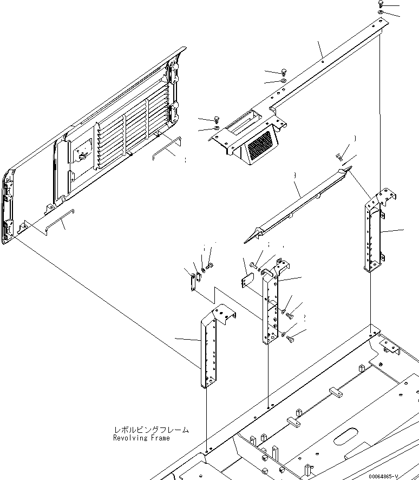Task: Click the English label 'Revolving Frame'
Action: [141, 438]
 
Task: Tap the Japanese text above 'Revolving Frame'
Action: [151, 430]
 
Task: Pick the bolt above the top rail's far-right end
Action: [381, 4]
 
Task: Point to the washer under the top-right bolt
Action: [381, 12]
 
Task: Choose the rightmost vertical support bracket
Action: [375, 230]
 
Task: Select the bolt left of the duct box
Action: [216, 120]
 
